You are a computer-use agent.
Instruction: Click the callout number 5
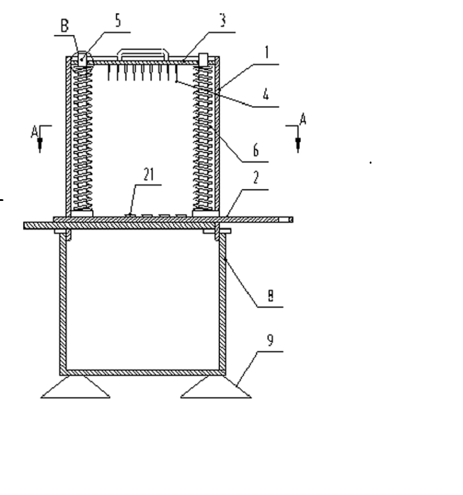[118, 21]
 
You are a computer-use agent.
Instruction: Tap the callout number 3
[223, 20]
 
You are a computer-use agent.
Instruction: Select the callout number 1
[267, 52]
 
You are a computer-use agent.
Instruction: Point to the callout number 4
[266, 94]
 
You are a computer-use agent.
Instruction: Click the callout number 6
[256, 150]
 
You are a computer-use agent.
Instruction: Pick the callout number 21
[149, 174]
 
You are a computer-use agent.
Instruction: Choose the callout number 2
[256, 178]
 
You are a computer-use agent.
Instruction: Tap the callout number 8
[270, 295]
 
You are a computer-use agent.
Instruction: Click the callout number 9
[270, 340]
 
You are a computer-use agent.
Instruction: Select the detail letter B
[65, 26]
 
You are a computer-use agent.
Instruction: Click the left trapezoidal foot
[76, 387]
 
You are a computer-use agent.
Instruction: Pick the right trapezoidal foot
[216, 387]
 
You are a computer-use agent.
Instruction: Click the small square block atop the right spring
[203, 59]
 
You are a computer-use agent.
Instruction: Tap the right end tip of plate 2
[293, 220]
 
